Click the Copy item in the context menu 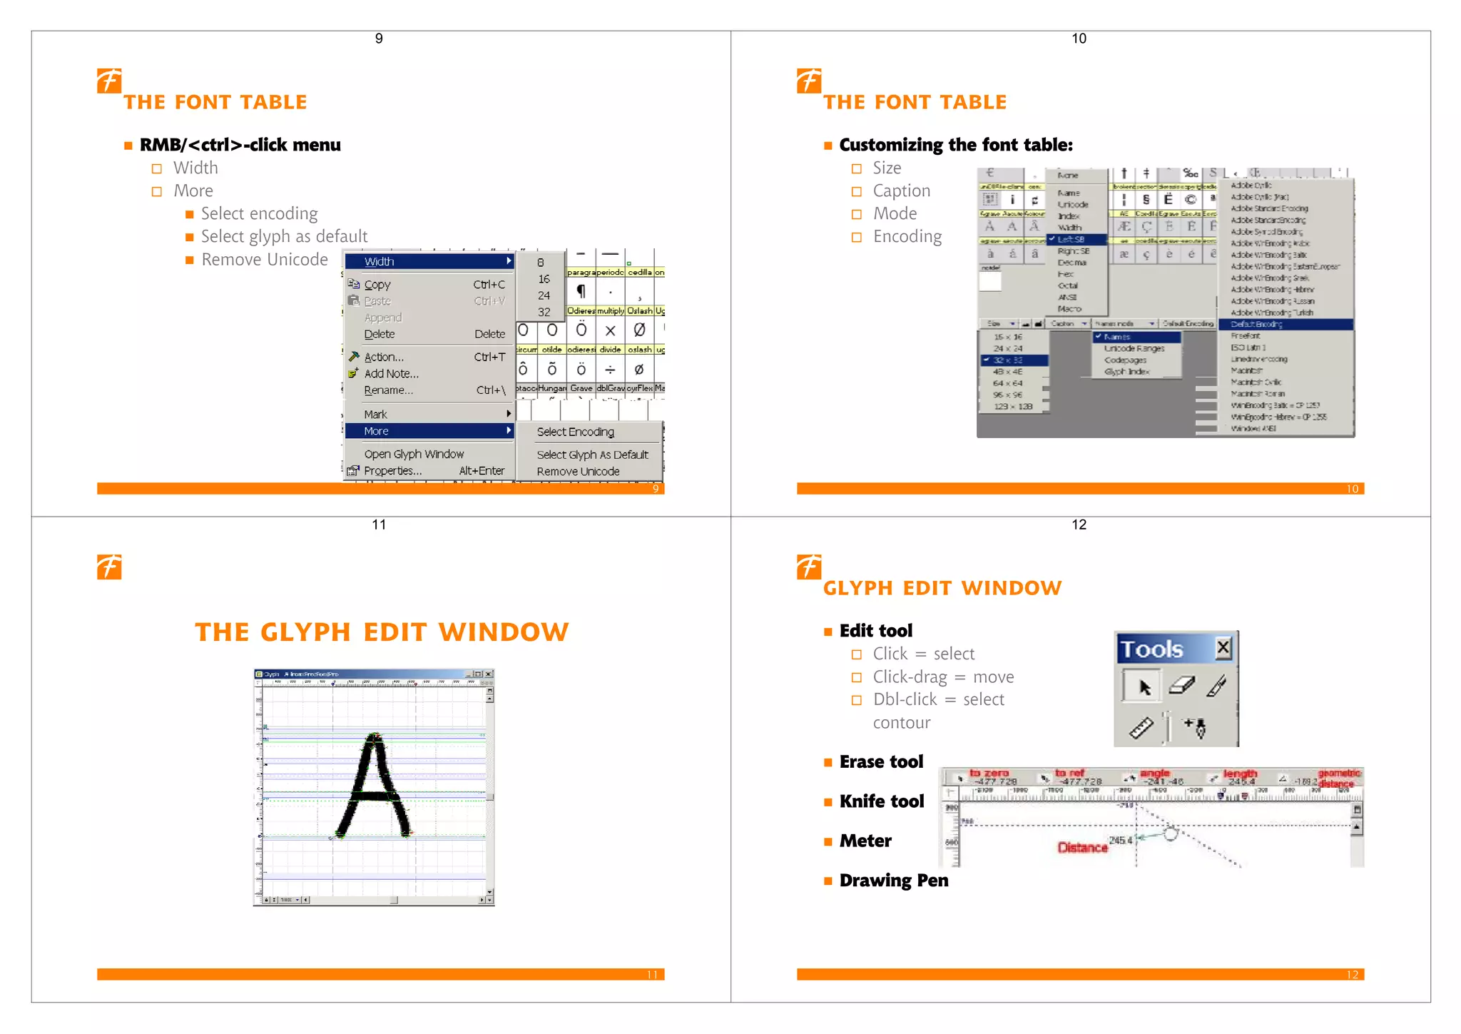[x=377, y=284]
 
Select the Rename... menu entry [x=388, y=390]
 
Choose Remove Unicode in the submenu [x=578, y=472]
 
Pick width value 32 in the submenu [x=544, y=312]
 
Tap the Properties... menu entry [x=392, y=471]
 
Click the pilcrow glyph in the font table [x=581, y=291]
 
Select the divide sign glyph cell [x=610, y=369]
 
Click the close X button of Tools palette [x=1223, y=648]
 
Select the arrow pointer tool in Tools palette [x=1144, y=686]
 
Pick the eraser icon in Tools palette [x=1181, y=686]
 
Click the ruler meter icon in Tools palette [x=1141, y=728]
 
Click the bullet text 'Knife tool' [x=881, y=801]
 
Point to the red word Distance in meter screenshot [x=1082, y=848]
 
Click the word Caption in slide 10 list [x=901, y=191]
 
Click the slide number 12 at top [x=1079, y=524]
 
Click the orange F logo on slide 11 [x=109, y=567]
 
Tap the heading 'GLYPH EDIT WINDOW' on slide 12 [x=942, y=588]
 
